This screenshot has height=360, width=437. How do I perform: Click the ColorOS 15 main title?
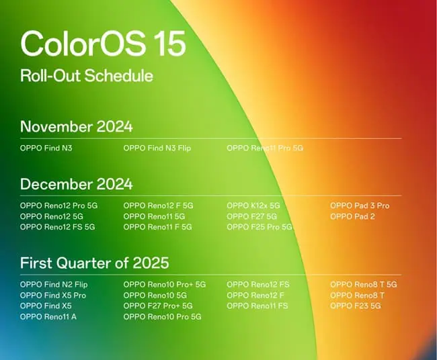tap(103, 43)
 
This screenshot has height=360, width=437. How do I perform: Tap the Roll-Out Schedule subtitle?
tap(86, 75)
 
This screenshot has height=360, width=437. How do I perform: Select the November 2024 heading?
tap(76, 126)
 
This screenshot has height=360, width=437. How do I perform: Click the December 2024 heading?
tap(76, 184)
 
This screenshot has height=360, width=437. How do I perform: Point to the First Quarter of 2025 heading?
tap(94, 263)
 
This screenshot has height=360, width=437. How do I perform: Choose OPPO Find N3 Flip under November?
tap(157, 147)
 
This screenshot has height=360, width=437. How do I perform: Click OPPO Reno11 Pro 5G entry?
tap(265, 147)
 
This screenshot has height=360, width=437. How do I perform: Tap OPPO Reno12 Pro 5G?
tap(58, 206)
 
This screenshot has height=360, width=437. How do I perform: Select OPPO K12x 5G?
tap(253, 206)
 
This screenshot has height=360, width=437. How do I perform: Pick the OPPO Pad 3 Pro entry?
tap(360, 206)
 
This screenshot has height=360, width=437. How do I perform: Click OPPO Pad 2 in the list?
tap(352, 216)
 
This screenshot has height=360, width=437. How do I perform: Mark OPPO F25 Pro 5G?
tap(260, 227)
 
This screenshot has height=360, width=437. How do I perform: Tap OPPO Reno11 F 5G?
tap(157, 227)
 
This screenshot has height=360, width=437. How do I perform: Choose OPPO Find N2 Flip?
tap(54, 284)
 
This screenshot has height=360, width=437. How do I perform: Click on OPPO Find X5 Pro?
tap(53, 295)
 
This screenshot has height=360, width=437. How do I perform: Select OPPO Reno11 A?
tap(48, 316)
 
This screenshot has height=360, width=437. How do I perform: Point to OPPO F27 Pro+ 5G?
tap(158, 306)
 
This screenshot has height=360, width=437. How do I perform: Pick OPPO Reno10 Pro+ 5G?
tap(165, 284)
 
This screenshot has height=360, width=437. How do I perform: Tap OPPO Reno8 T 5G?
tap(364, 284)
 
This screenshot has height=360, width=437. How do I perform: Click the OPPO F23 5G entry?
tap(356, 306)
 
